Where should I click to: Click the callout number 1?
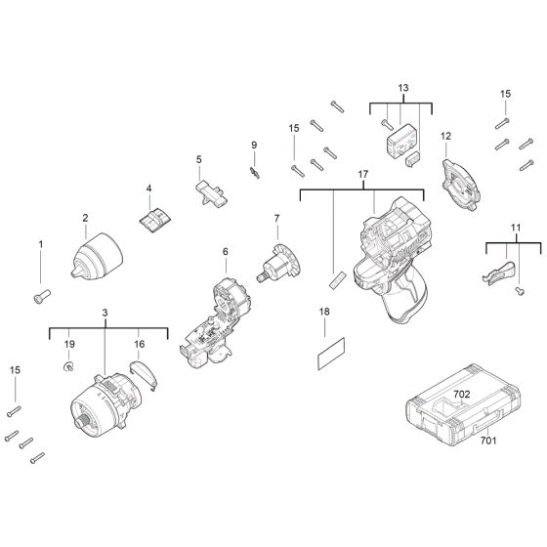click(41, 243)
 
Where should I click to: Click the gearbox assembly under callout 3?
click(105, 404)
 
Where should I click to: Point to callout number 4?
click(149, 189)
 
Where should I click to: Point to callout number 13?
click(401, 88)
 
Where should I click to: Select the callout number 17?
click(362, 175)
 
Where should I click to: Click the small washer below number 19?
click(70, 366)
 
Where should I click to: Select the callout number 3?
click(105, 313)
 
